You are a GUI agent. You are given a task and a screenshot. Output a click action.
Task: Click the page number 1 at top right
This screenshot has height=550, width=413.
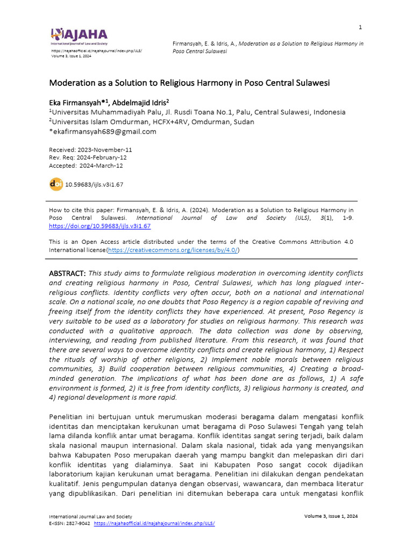(360, 27)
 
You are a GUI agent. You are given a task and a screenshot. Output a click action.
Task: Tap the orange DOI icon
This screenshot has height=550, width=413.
(56, 184)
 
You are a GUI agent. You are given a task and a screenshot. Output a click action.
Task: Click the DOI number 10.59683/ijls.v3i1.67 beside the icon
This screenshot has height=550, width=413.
(94, 185)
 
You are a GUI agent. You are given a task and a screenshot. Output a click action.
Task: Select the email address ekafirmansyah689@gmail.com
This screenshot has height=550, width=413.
(104, 132)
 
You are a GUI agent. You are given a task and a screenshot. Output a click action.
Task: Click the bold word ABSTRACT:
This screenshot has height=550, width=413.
(68, 274)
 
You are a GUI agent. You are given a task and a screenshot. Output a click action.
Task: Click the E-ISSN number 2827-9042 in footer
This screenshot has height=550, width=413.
(79, 523)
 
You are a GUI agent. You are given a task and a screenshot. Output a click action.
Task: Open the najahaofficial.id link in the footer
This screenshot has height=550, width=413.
(154, 523)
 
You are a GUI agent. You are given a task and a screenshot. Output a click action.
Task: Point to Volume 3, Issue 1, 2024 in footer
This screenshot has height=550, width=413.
(331, 516)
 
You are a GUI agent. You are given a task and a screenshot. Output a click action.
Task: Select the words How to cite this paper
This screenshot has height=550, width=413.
(81, 210)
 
